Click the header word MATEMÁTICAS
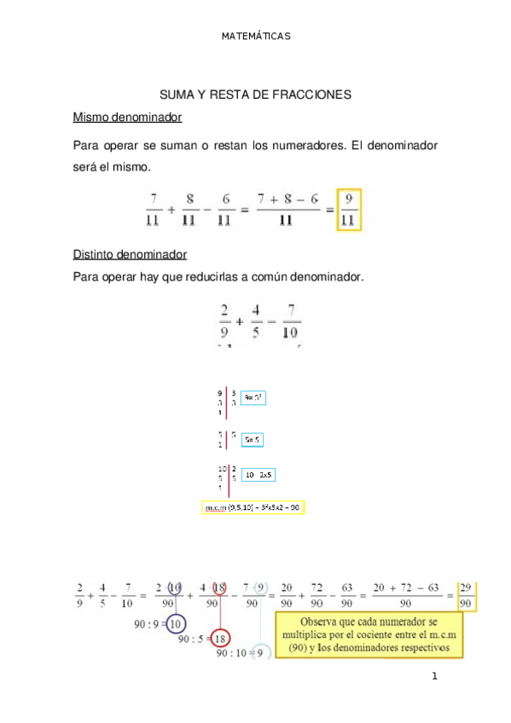(256, 37)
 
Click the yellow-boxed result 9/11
(350, 209)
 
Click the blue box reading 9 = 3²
(253, 397)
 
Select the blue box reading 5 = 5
(253, 440)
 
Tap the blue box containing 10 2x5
(258, 474)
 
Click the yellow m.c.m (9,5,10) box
(253, 507)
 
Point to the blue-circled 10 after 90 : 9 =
(177, 623)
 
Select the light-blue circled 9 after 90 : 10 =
(262, 654)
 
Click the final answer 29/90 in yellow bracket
(466, 597)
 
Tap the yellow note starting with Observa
(369, 633)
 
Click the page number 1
(434, 678)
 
